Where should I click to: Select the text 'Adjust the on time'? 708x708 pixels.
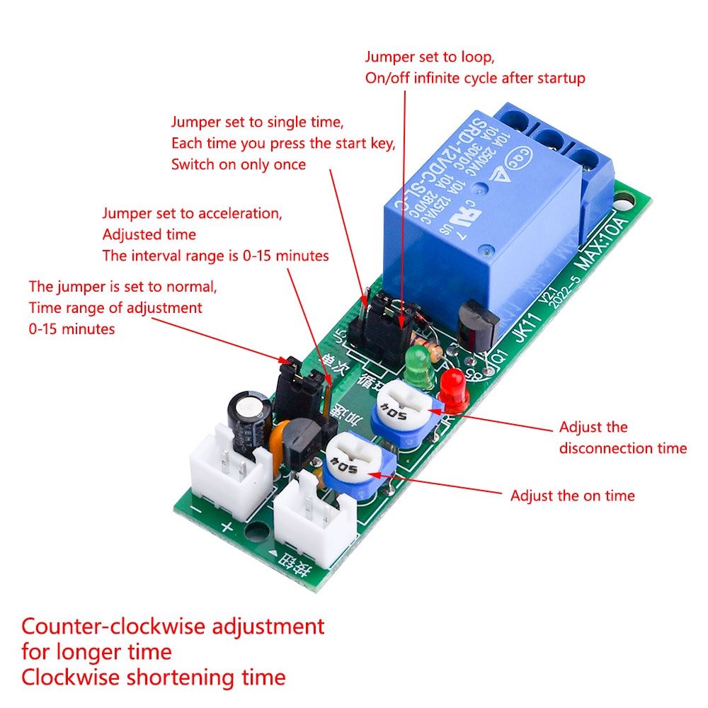point(572,496)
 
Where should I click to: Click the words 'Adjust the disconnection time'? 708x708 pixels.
point(622,438)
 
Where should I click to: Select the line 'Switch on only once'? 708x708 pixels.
point(239,164)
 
